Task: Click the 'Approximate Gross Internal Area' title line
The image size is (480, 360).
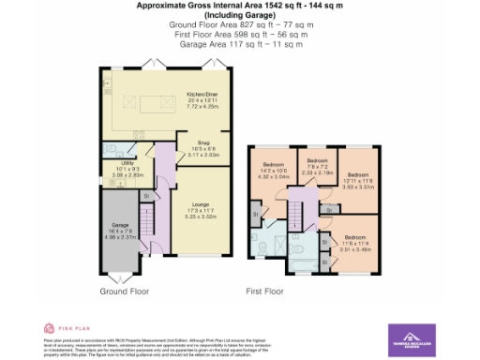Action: (240, 6)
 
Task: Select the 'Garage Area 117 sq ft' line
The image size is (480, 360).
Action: (240, 42)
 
